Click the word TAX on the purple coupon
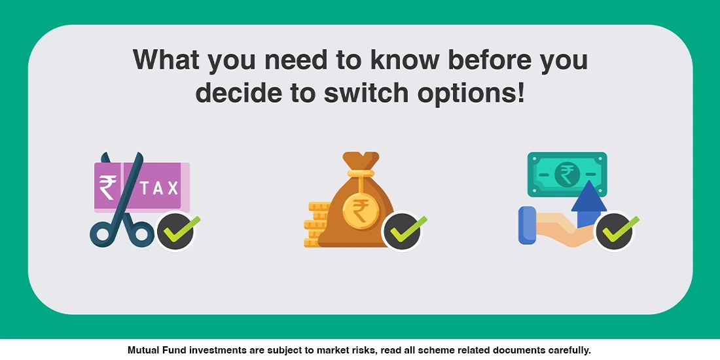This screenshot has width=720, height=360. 159,188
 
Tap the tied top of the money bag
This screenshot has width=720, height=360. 361,162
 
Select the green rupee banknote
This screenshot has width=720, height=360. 567,175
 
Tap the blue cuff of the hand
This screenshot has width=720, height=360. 527,225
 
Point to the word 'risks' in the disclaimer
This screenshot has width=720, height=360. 364,350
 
